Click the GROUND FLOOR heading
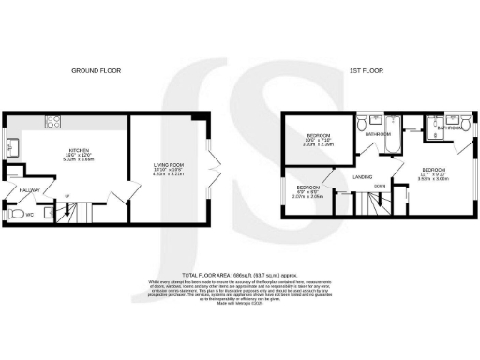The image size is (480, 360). click(x=97, y=70)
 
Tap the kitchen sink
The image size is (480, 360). click(x=12, y=148)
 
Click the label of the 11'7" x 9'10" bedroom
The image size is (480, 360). click(x=436, y=172)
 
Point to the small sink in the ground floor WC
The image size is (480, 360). click(x=49, y=213)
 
